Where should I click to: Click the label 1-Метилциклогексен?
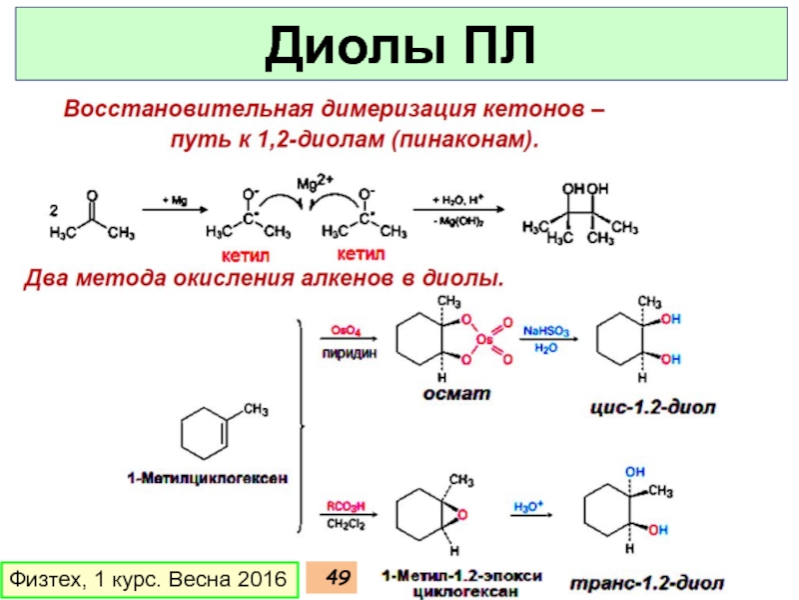[x=208, y=478]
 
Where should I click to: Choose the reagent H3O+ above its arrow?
[x=528, y=505]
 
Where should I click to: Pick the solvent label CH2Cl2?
[x=347, y=523]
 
